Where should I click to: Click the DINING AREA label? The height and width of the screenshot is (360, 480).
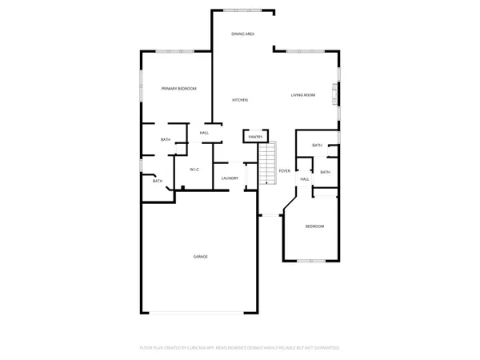(243, 34)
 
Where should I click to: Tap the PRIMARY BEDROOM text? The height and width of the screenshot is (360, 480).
(178, 88)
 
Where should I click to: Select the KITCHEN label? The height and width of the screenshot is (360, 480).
(239, 100)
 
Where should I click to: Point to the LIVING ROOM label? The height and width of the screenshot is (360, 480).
(302, 95)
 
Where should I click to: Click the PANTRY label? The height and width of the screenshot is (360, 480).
(255, 137)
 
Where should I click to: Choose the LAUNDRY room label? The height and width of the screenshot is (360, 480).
(230, 178)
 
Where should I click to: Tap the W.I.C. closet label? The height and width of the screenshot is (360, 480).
(194, 170)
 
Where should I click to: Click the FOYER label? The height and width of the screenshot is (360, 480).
(284, 171)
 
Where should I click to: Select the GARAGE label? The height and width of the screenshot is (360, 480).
(200, 256)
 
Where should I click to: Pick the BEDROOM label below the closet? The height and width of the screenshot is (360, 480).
(315, 226)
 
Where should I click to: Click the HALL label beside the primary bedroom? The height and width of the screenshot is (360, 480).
(204, 133)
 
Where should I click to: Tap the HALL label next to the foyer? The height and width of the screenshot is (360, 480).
(305, 179)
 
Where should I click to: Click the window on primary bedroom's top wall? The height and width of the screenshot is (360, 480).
(170, 51)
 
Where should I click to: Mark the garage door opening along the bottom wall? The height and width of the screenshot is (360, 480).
(200, 312)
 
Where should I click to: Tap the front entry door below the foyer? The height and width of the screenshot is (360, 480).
(270, 215)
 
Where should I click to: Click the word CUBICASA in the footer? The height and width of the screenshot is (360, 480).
(199, 348)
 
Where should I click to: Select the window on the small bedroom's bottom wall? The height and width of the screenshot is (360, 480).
(312, 261)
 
